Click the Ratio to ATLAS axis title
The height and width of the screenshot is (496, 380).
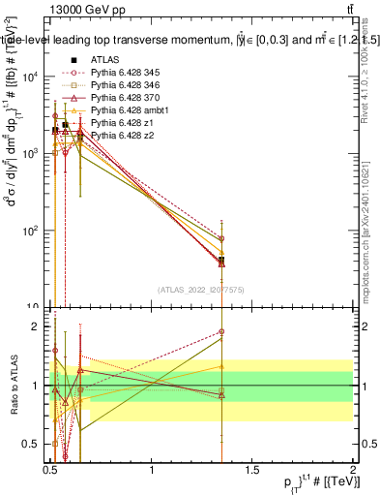coord(13,386)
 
